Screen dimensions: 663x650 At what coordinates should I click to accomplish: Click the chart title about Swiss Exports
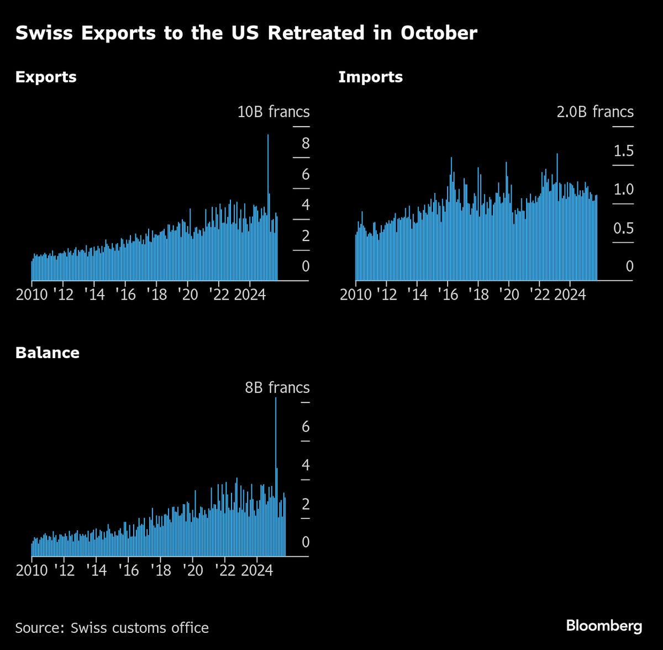coord(246,33)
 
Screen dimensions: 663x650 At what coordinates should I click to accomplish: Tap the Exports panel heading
coord(46,77)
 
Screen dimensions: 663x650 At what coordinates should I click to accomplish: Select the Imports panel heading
coord(370,77)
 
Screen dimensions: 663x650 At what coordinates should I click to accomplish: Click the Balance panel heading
coord(48,353)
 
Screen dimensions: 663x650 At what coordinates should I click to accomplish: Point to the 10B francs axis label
coord(273,112)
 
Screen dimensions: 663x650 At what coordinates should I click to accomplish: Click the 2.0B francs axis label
coord(595,112)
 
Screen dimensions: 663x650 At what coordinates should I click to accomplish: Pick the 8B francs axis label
coord(277,387)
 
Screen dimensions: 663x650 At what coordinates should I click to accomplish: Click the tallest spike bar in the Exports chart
coord(268,166)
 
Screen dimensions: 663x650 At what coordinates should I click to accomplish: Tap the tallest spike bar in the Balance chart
coord(276,431)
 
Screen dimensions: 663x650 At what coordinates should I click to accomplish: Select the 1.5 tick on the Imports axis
coord(623,151)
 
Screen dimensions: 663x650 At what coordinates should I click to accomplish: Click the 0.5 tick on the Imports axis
coord(623,228)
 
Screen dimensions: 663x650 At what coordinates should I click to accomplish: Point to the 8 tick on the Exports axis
coord(306,144)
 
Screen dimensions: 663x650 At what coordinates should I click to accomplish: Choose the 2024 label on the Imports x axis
coord(570,295)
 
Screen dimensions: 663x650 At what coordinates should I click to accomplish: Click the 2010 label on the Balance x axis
coord(31,570)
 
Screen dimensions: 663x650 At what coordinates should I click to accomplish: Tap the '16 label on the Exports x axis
coord(125,295)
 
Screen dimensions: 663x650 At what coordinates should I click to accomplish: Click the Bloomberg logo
coord(604,626)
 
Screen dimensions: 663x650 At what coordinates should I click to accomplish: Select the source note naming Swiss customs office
coord(112,628)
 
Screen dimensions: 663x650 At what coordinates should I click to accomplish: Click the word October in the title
coord(439,33)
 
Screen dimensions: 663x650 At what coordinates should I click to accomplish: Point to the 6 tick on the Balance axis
coord(306,427)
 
